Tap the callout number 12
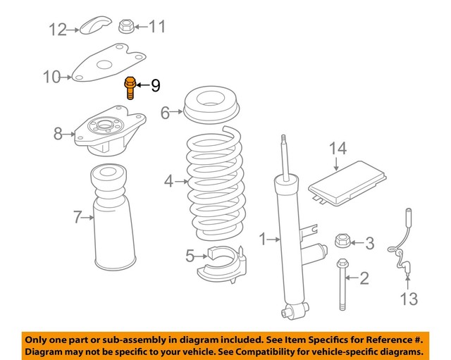click(58, 29)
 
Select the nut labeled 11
click(125, 27)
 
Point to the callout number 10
click(52, 76)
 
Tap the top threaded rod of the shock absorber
click(284, 151)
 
